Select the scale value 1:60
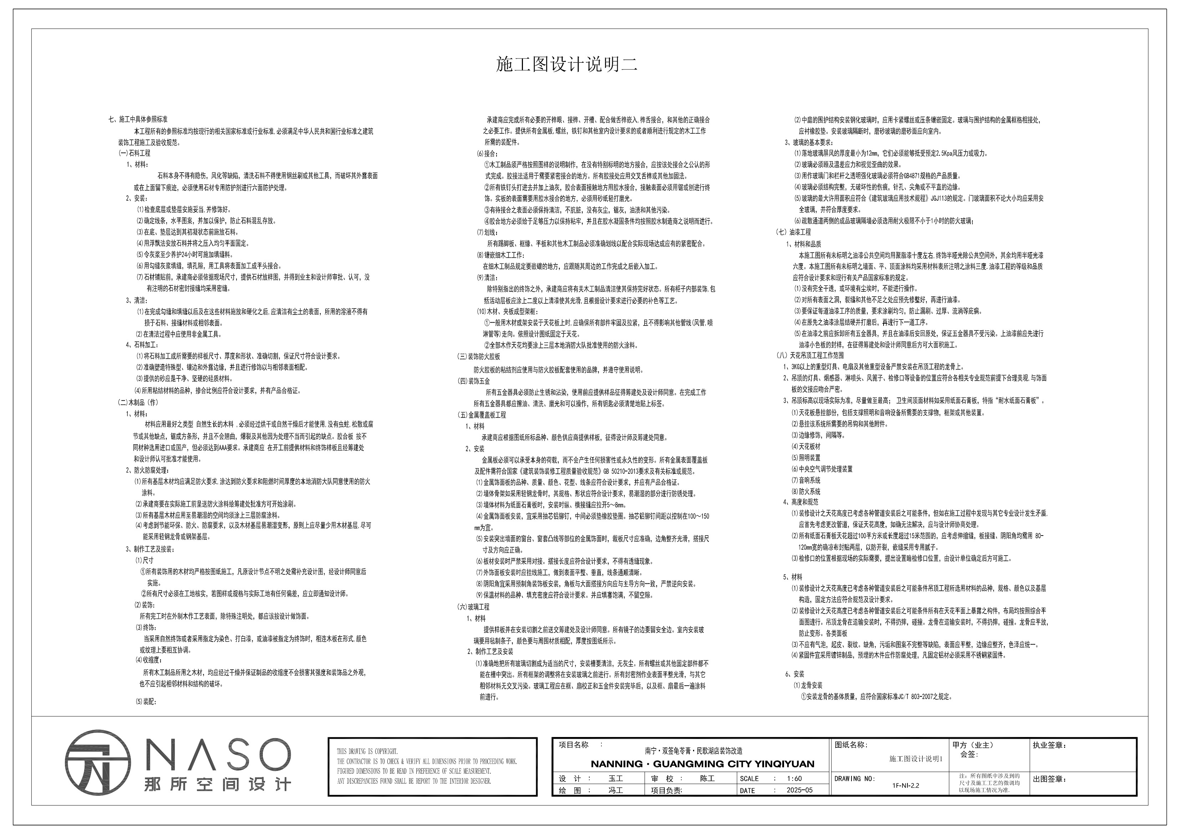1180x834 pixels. [794, 778]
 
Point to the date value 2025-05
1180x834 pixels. [799, 790]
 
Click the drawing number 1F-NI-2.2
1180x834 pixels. [906, 785]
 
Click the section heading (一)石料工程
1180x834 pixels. [134, 153]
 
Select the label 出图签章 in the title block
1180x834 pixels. [1049, 779]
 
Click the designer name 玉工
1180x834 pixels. [615, 778]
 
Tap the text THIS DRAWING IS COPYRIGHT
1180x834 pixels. [367, 751]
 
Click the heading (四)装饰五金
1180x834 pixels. [473, 381]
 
